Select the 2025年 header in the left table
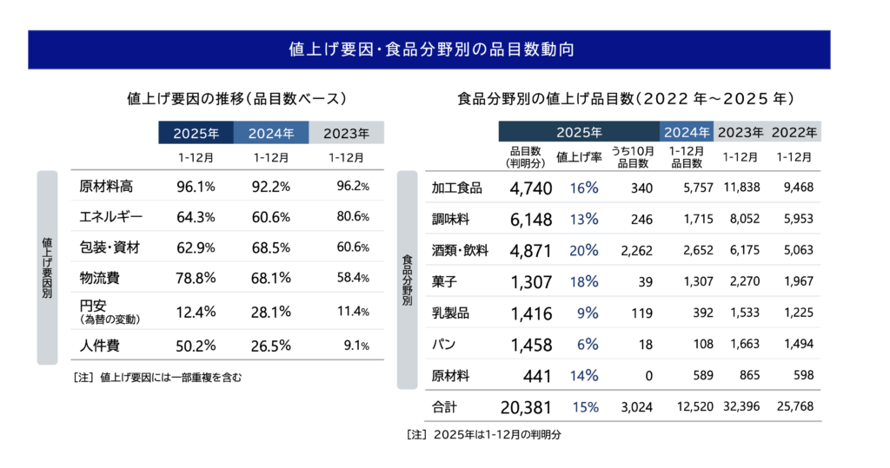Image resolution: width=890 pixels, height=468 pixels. pyautogui.click(x=196, y=133)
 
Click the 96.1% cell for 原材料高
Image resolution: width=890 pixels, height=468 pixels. pyautogui.click(x=196, y=186)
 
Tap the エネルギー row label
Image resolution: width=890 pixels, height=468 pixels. pyautogui.click(x=110, y=216)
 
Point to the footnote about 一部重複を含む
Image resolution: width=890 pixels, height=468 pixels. pyautogui.click(x=157, y=377)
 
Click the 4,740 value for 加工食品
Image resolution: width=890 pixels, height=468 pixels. pyautogui.click(x=526, y=188)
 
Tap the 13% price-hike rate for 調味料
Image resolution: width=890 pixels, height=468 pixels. pyautogui.click(x=584, y=220)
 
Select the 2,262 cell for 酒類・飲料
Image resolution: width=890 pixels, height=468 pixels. pyautogui.click(x=636, y=251)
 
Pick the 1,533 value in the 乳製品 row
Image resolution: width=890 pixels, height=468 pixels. pyautogui.click(x=741, y=313)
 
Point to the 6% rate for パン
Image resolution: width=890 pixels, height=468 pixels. pyautogui.click(x=588, y=345)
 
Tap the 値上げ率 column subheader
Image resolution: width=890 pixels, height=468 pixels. pyautogui.click(x=576, y=157)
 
